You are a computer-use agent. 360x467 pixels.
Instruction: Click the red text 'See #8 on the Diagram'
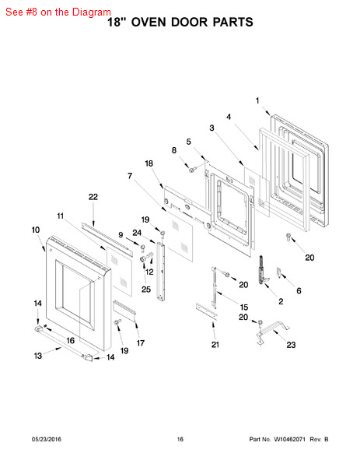point(58,12)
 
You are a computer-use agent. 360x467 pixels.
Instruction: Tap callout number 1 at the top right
point(257,101)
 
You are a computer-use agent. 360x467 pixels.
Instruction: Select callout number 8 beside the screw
point(174,150)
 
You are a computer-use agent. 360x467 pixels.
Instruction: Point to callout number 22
point(93,197)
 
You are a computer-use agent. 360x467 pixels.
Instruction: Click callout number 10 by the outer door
point(36,230)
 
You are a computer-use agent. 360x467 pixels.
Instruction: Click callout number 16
point(70,340)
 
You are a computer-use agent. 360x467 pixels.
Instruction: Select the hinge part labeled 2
point(262,270)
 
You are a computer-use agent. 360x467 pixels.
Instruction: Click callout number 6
point(299,290)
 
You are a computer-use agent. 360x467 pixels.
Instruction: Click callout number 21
point(215,345)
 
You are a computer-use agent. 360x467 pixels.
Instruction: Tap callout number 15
point(244,307)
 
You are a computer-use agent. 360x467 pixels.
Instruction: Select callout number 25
point(146,290)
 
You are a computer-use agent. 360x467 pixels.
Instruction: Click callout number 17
point(141,343)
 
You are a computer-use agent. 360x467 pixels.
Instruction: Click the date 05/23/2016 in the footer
point(47,439)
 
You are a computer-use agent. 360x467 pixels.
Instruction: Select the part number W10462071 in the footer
point(289,439)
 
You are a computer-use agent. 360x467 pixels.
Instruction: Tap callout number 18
point(149,163)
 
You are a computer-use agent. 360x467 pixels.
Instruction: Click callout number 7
point(130,176)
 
